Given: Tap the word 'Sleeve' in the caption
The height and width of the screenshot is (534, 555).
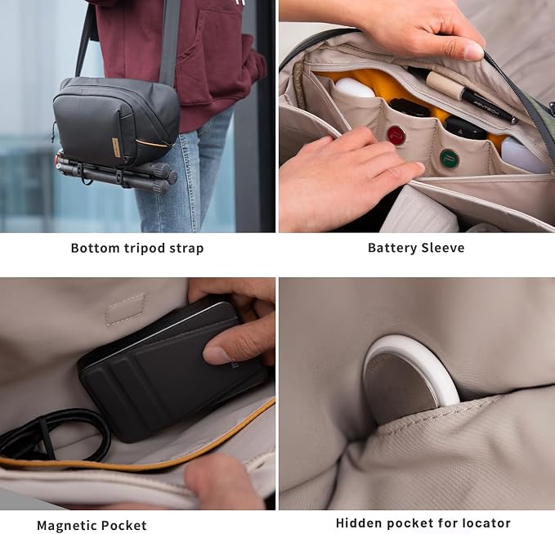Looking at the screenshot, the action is (444, 248).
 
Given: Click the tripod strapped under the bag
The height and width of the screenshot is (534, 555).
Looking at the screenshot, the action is (116, 173).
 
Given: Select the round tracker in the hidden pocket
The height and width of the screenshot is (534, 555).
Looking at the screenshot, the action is (410, 379).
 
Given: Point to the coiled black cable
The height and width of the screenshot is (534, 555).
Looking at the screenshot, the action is (53, 436).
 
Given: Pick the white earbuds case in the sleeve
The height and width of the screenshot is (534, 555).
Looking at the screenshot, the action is (354, 88).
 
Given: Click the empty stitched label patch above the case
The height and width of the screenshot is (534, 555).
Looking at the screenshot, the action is (125, 309).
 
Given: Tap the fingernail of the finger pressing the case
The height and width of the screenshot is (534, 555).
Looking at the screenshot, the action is (213, 354).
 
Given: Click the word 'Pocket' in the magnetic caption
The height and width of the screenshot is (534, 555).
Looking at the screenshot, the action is (125, 525).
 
